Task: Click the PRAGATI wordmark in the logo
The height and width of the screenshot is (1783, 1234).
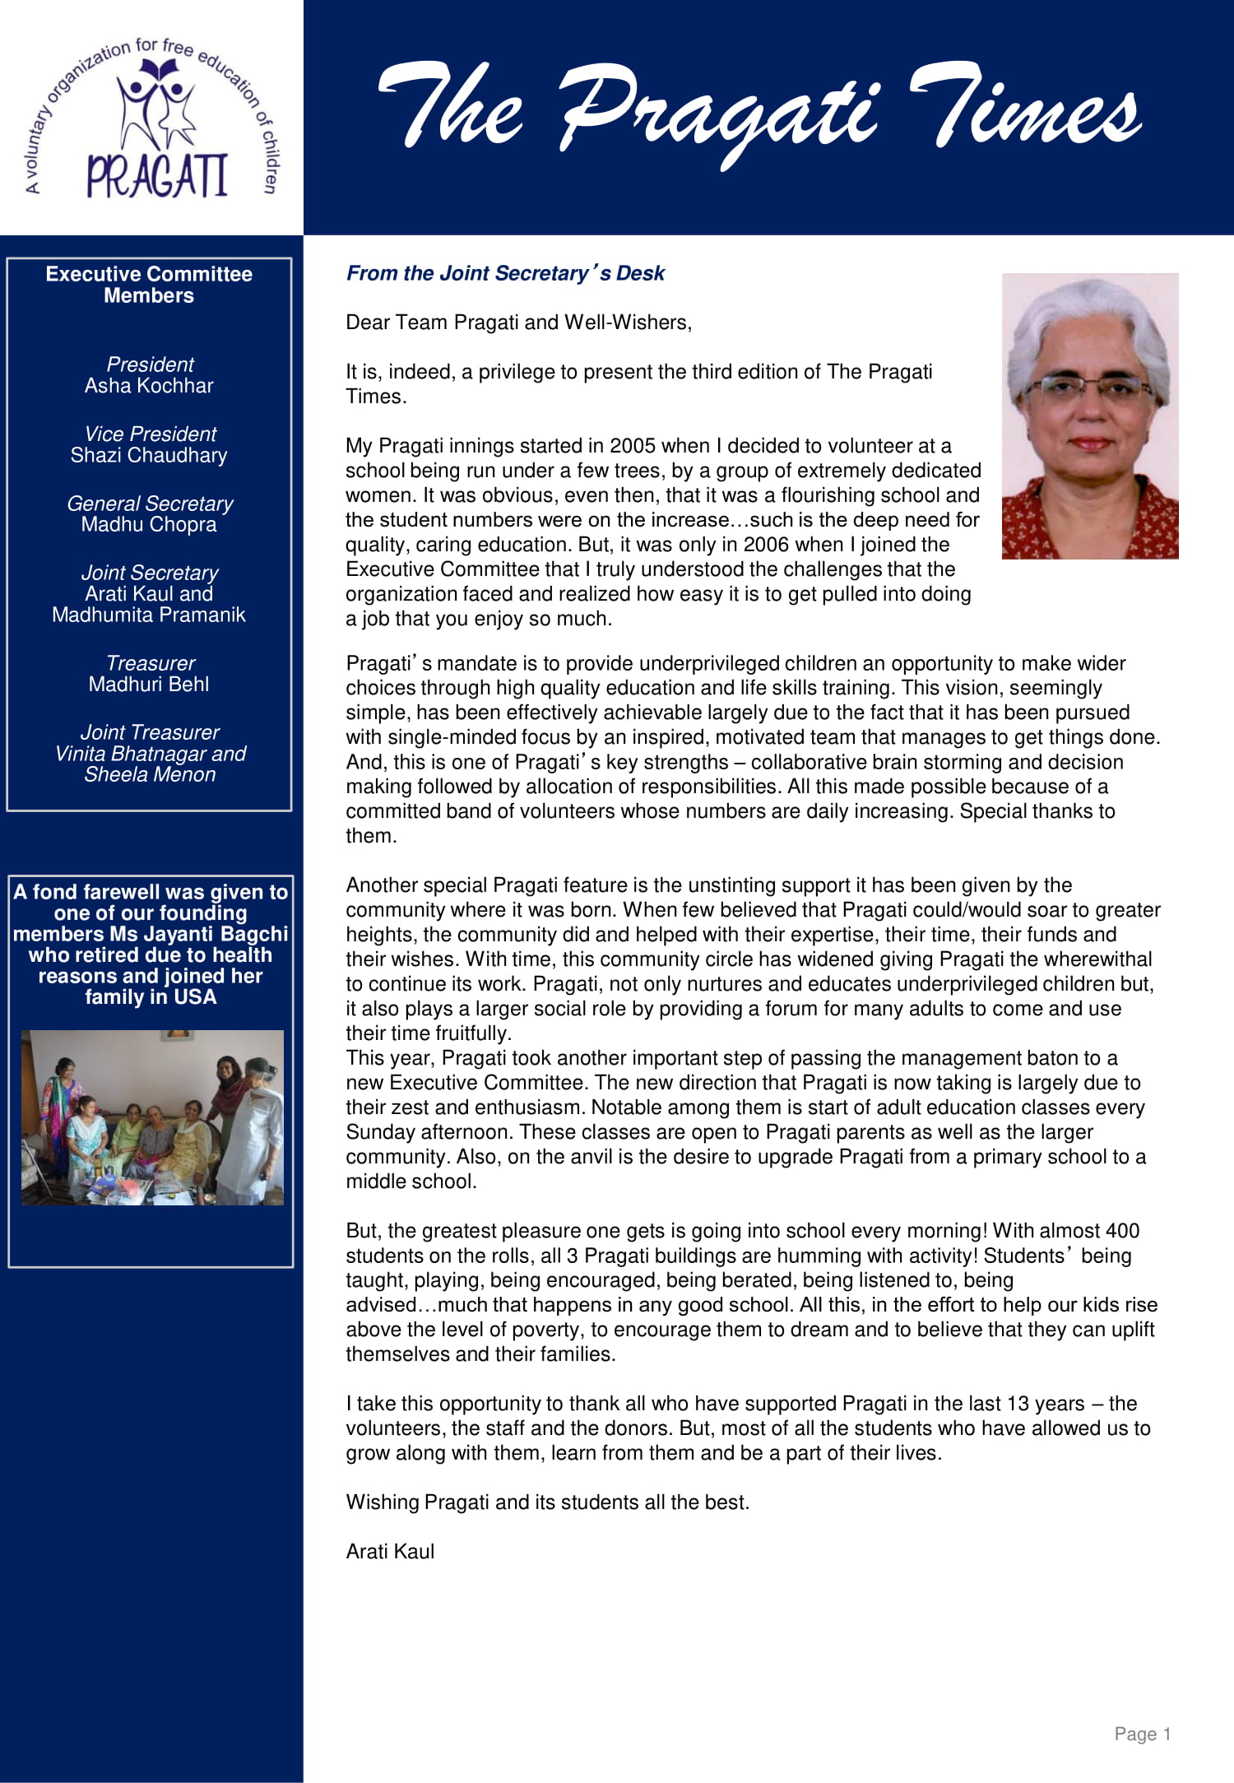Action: (156, 174)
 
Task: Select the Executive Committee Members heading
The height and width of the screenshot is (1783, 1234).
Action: (149, 285)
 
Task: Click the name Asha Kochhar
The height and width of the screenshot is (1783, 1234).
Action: (149, 386)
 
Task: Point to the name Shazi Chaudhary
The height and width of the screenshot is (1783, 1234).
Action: (149, 456)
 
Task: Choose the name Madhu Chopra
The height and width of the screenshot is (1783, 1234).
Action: (149, 525)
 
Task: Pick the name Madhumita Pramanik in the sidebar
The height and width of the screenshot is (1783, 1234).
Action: (149, 615)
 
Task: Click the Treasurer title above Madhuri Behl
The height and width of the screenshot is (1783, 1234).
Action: (151, 663)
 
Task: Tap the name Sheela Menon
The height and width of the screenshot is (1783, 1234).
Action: (150, 775)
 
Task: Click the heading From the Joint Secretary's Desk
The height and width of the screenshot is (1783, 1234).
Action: (505, 273)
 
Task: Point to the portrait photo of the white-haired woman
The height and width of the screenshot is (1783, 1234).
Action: (1089, 416)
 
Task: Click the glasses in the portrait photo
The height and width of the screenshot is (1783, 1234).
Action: (1087, 386)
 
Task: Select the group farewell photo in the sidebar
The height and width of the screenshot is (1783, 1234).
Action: (152, 1117)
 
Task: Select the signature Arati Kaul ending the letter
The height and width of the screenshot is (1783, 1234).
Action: (390, 1552)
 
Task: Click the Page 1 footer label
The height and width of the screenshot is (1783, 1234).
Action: (1142, 1734)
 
